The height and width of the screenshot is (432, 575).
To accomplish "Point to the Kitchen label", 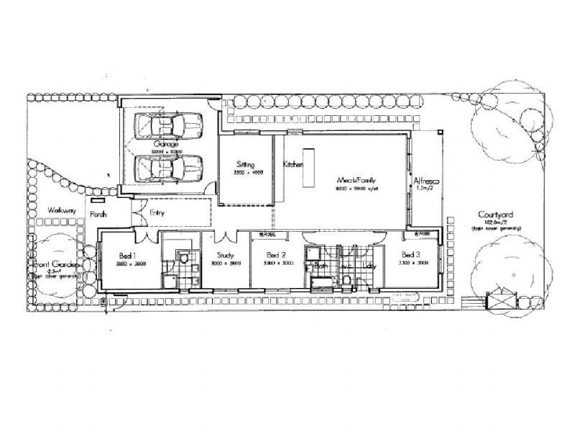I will point(293,164).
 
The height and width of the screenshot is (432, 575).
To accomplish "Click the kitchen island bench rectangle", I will point(309,167).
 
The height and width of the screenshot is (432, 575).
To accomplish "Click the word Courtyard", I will point(495,215).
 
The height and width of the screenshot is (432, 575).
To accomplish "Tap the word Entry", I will point(158,212).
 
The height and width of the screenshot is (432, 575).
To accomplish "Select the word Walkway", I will point(57,210).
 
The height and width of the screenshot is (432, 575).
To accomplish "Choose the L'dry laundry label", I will point(369,265).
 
